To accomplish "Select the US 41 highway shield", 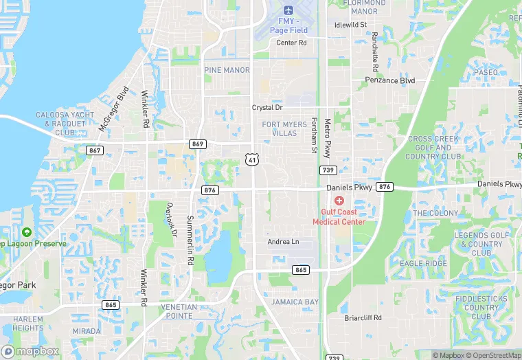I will click(253, 160).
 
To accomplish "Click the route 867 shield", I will click(95, 150).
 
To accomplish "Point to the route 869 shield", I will click(198, 144).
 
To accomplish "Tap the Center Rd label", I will click(291, 43).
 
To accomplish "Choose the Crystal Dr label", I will click(267, 108).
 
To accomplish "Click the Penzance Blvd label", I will click(390, 80).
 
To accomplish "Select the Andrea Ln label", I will click(283, 242).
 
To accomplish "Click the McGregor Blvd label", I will click(113, 108).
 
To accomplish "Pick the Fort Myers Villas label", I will click(284, 128).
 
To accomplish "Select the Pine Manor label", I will click(227, 70).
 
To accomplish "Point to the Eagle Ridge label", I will click(423, 263).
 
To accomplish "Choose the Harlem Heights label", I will click(27, 324).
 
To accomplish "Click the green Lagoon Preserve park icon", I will click(26, 233).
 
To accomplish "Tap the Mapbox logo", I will click(30, 350).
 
